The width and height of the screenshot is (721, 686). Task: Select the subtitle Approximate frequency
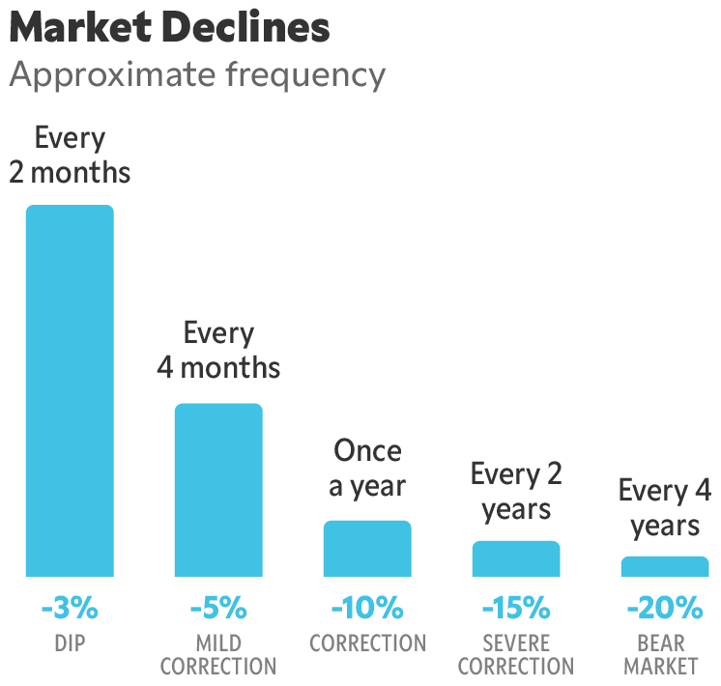[197, 74]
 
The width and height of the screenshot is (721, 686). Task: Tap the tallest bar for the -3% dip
[70, 390]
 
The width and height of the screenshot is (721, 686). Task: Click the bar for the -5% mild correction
[218, 490]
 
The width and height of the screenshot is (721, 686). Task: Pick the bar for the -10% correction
[367, 549]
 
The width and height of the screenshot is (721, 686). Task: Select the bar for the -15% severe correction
[516, 558]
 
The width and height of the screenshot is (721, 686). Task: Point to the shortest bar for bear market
[665, 566]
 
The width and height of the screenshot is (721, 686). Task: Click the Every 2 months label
[70, 156]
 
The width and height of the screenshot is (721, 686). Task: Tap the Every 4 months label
[218, 351]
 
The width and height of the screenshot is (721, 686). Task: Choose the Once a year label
[367, 469]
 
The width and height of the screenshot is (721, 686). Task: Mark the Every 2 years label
[516, 491]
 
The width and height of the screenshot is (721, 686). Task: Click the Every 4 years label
[665, 508]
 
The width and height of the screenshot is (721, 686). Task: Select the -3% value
[70, 609]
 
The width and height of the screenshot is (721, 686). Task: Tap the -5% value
[218, 609]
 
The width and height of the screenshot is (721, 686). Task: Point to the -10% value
[367, 609]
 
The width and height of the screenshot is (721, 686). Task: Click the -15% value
[516, 609]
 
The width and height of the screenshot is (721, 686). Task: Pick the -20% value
[665, 609]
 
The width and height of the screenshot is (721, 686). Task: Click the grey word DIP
[70, 643]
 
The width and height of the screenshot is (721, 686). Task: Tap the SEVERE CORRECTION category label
[516, 655]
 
